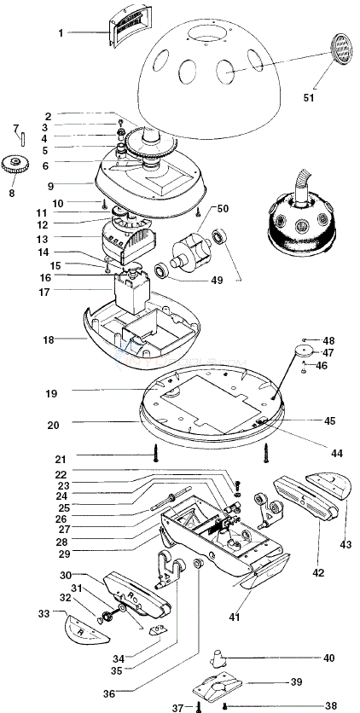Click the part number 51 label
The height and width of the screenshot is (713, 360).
[309, 97]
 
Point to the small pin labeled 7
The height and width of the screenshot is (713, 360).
[22, 137]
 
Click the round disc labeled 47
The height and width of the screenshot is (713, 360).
[305, 352]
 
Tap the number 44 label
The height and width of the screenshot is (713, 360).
[337, 453]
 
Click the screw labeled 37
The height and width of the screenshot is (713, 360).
[198, 706]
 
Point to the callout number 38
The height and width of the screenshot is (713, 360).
[331, 705]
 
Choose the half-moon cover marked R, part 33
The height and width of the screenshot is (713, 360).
[88, 629]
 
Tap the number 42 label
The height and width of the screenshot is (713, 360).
[318, 572]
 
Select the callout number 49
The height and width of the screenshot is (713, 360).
[217, 280]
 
